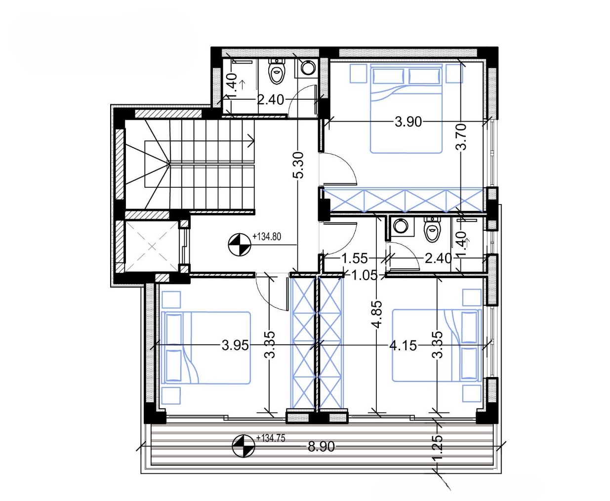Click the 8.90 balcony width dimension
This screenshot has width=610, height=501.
(x=321, y=447)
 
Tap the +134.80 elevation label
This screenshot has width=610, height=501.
(x=267, y=237)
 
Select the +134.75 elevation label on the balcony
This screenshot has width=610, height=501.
(x=271, y=438)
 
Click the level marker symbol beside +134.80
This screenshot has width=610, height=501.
(x=240, y=245)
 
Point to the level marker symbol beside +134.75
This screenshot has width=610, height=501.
(x=244, y=446)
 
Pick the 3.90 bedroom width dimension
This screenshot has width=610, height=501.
(x=408, y=122)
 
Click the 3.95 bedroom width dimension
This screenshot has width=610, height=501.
(x=235, y=345)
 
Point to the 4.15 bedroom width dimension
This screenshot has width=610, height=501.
(x=403, y=345)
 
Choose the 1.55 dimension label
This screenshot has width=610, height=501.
(x=355, y=258)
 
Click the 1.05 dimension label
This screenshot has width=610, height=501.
(x=365, y=275)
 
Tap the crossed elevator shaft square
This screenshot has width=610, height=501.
(x=152, y=247)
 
